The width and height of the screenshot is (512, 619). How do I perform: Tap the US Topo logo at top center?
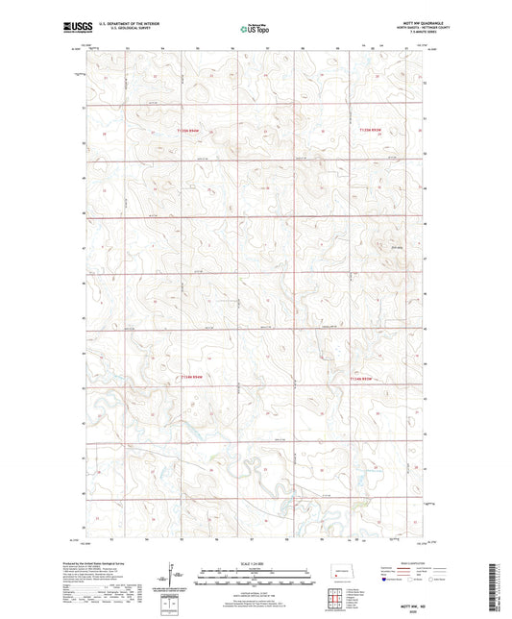256,30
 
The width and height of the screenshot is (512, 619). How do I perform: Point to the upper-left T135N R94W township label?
192,131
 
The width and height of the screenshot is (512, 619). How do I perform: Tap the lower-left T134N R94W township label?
192,378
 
